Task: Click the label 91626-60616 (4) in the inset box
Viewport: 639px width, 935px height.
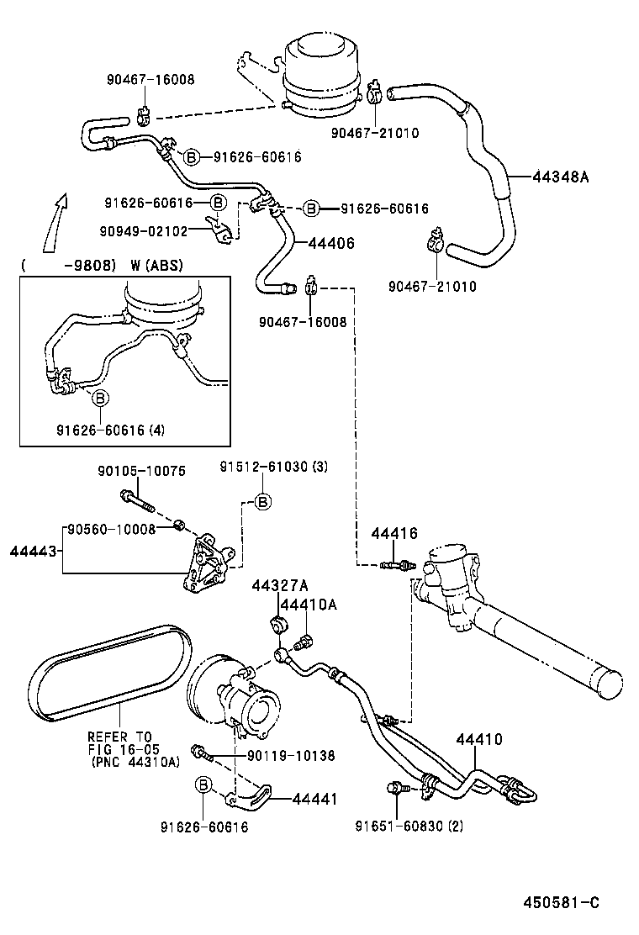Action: (x=111, y=430)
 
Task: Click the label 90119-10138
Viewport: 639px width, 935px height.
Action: (x=291, y=756)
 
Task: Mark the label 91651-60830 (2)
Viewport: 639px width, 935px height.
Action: (x=409, y=825)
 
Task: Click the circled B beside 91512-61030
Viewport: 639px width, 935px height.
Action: (x=262, y=502)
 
